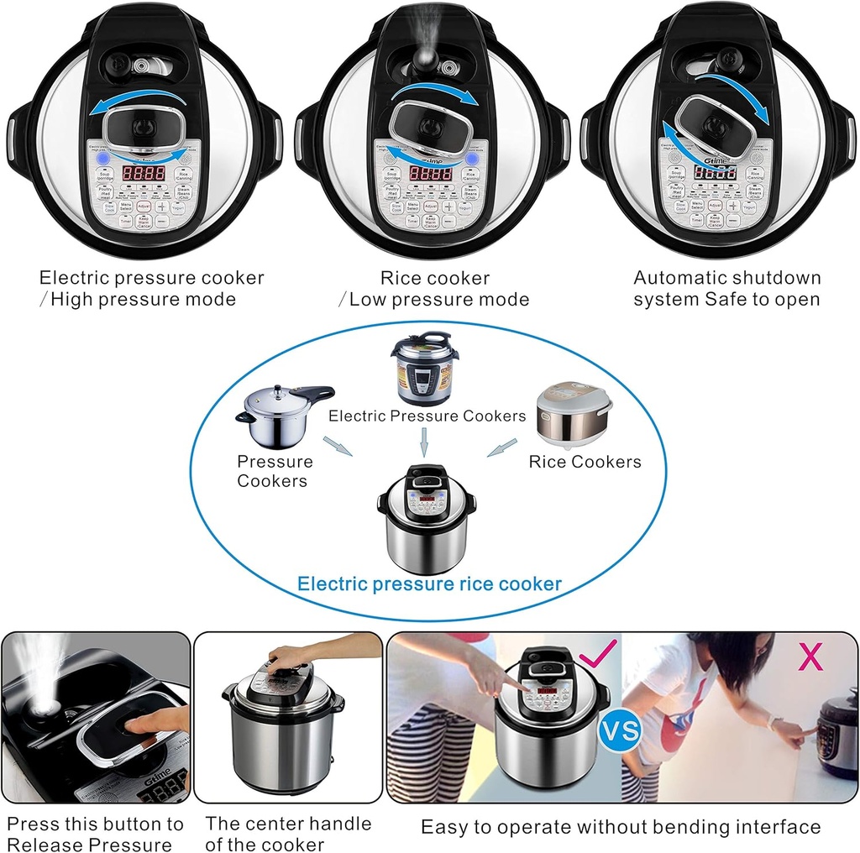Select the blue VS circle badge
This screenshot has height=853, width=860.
620,730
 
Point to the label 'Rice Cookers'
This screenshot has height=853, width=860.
585,462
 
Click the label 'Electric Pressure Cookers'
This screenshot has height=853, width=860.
427,416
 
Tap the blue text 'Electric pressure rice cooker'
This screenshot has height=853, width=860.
430,583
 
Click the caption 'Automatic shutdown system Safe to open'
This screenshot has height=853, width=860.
726,288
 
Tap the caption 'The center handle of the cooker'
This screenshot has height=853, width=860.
288,835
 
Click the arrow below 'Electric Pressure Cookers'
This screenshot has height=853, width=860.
425,441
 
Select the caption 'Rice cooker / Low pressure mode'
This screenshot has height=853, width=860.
433,288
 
